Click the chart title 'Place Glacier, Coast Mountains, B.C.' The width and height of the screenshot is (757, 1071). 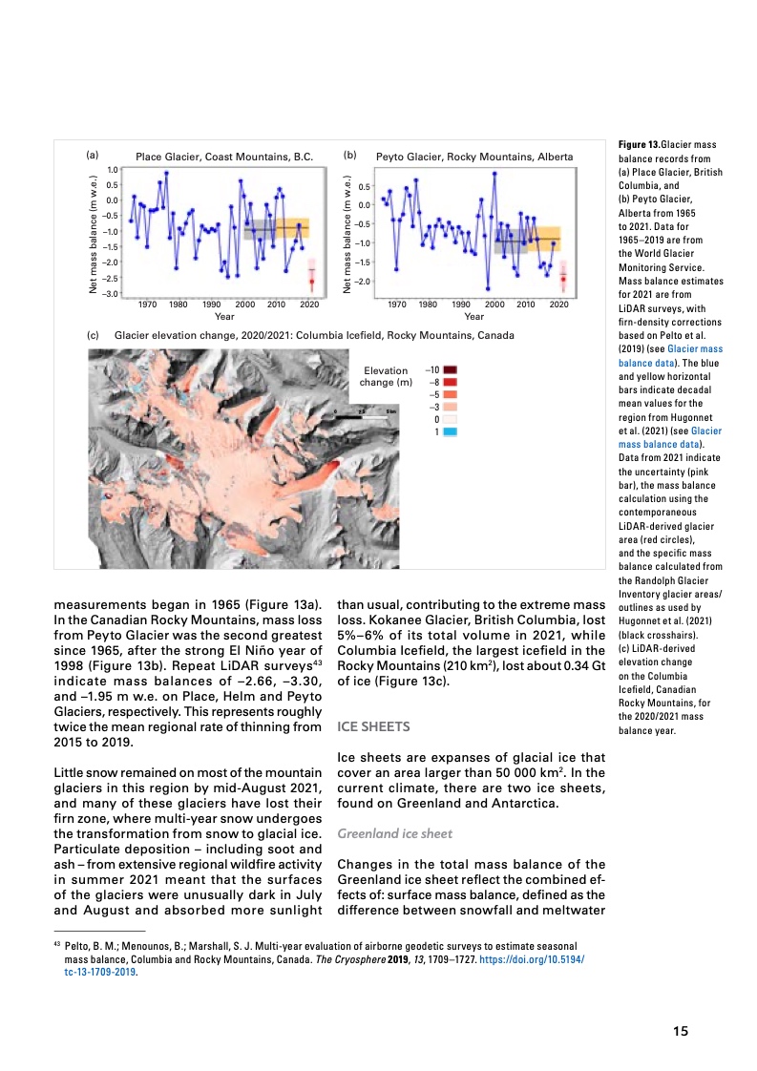pyautogui.click(x=224, y=157)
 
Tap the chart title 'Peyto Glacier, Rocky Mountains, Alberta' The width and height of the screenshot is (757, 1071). pyautogui.click(x=474, y=157)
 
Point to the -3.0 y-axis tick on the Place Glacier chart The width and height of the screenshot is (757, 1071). pyautogui.click(x=111, y=293)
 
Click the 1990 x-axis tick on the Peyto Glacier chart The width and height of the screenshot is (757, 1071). pyautogui.click(x=460, y=304)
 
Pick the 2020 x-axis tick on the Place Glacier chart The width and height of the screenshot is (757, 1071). pyautogui.click(x=309, y=304)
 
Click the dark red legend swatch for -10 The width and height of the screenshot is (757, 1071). pyautogui.click(x=450, y=369)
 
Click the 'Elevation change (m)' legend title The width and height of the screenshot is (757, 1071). pyautogui.click(x=386, y=376)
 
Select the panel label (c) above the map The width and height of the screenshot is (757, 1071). pyautogui.click(x=94, y=336)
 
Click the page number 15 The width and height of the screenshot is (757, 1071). pyautogui.click(x=680, y=1030)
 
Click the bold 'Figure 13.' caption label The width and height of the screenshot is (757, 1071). pyautogui.click(x=640, y=145)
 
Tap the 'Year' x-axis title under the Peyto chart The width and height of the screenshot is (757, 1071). pyautogui.click(x=473, y=316)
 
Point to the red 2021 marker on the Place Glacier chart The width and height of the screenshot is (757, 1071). pyautogui.click(x=311, y=282)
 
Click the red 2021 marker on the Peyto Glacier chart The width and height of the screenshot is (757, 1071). pyautogui.click(x=563, y=279)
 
